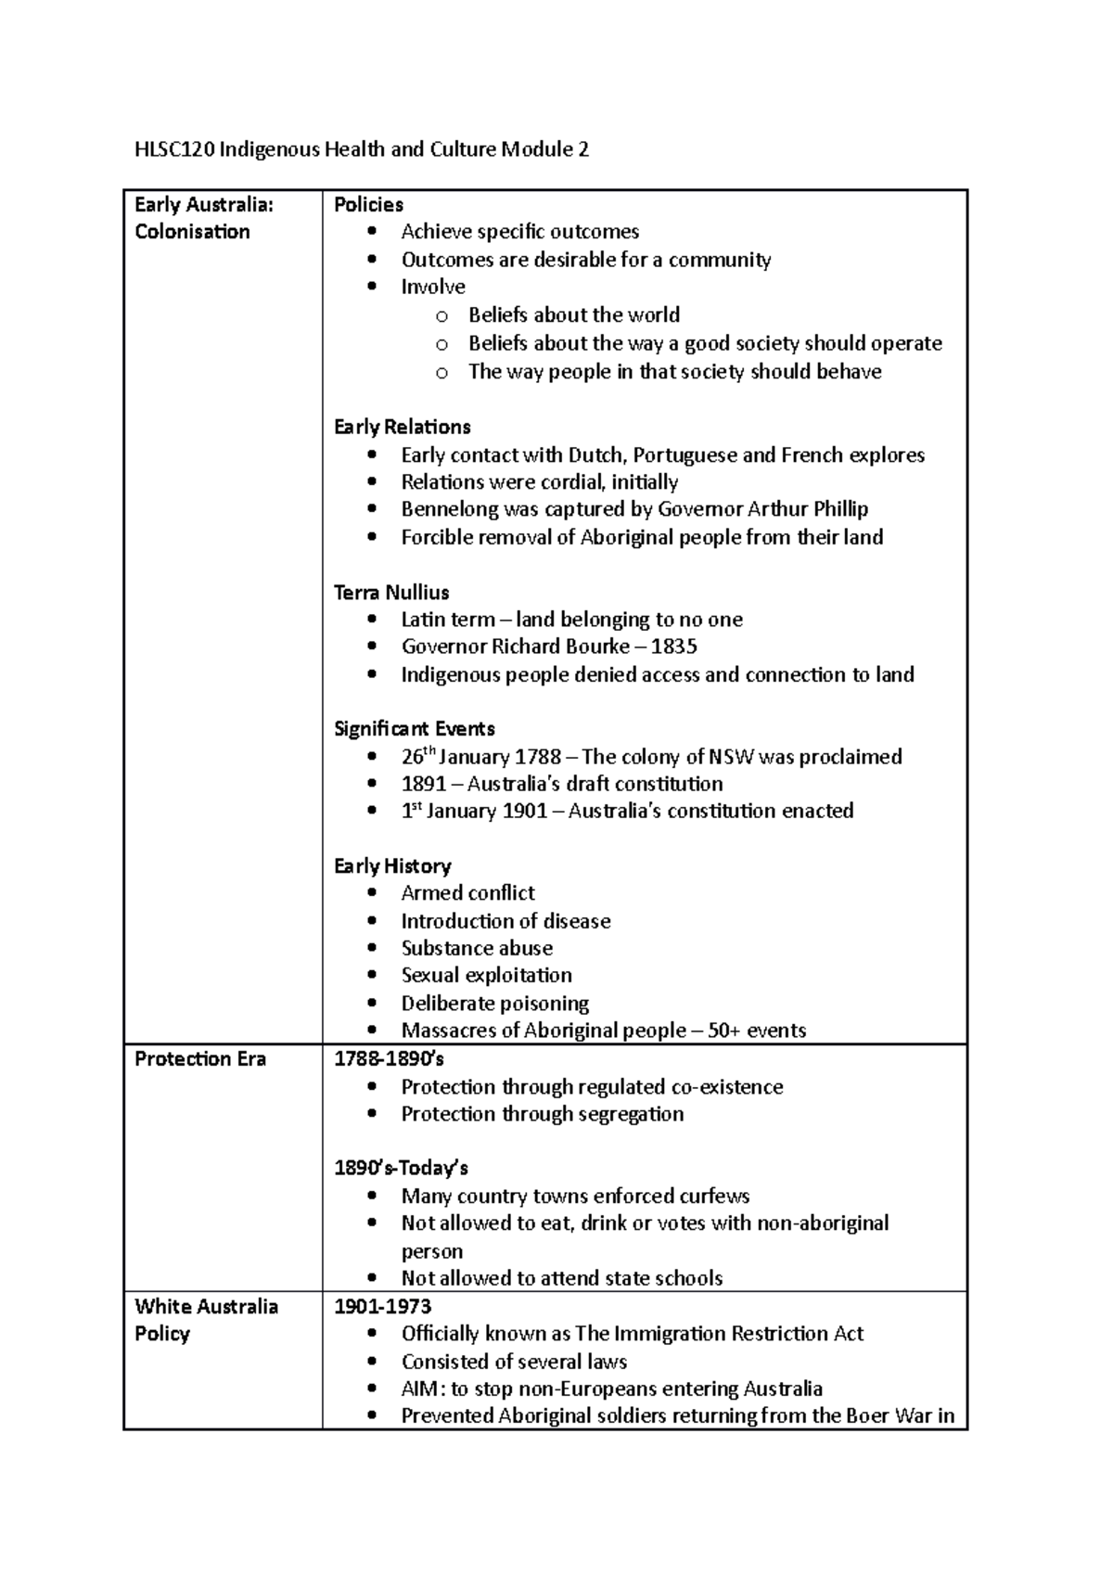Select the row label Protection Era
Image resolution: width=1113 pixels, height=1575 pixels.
click(x=200, y=1059)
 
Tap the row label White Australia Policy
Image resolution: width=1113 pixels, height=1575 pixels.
click(x=206, y=1320)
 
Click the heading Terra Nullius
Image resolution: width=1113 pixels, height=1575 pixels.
click(x=391, y=592)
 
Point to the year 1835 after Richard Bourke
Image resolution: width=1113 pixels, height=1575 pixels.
click(x=674, y=647)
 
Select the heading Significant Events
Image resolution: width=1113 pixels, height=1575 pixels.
click(x=415, y=729)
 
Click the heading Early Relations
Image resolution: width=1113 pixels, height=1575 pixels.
click(x=403, y=427)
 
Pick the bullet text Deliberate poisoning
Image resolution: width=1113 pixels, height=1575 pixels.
click(x=495, y=1004)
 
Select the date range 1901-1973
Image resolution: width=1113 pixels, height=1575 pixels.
click(x=383, y=1307)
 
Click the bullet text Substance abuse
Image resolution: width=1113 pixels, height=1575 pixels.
click(x=477, y=948)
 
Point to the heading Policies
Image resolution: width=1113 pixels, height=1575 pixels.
click(x=368, y=204)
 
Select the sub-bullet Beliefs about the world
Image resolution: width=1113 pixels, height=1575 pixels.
click(x=574, y=315)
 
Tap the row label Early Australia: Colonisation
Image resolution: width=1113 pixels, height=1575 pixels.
click(x=204, y=218)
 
